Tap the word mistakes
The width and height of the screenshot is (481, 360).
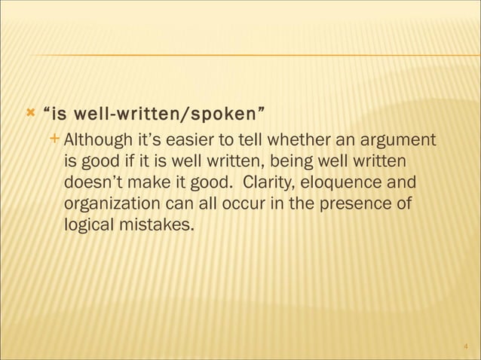click(155, 224)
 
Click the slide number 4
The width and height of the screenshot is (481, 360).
click(465, 347)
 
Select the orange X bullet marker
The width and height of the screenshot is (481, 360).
click(29, 114)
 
